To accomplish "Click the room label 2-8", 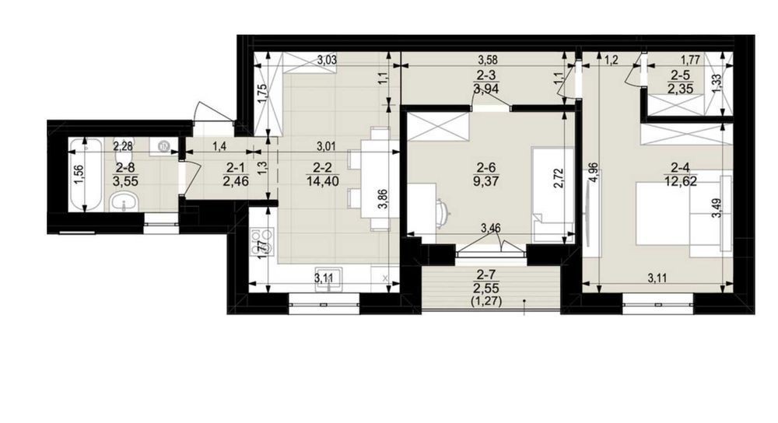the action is [x=125, y=169].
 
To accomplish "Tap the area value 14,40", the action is [x=323, y=181].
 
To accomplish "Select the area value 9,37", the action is [x=486, y=181].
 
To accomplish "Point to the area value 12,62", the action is [x=682, y=181].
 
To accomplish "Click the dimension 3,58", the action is [x=487, y=61].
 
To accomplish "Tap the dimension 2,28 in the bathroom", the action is [x=123, y=145].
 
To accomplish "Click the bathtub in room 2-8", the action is [x=86, y=176].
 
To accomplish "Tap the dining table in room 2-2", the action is [x=380, y=179].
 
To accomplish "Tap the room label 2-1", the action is [x=236, y=169].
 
